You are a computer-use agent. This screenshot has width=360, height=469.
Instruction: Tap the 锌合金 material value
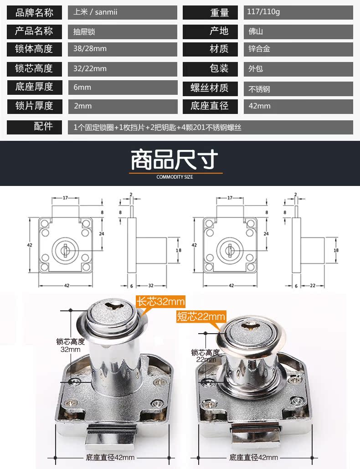click(259, 48)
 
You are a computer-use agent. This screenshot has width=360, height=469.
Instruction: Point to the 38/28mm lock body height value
click(90, 48)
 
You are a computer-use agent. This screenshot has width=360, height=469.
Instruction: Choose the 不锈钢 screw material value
click(259, 89)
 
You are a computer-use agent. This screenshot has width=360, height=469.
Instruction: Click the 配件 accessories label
click(43, 126)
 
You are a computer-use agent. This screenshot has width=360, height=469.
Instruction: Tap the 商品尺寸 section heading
click(175, 160)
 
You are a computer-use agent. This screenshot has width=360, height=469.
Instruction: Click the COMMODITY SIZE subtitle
click(175, 177)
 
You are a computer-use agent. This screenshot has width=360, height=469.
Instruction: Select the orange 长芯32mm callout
click(160, 301)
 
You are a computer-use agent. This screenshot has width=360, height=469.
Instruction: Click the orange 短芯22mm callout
click(201, 316)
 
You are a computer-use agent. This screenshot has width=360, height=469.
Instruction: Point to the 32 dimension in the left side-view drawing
click(151, 286)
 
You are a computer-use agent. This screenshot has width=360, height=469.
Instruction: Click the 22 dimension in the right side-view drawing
click(313, 286)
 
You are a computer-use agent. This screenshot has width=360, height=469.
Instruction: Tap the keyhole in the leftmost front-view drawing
click(65, 249)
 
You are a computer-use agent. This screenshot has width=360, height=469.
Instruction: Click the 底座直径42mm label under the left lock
click(110, 458)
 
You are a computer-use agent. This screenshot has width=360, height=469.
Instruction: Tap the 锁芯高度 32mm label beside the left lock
click(71, 345)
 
